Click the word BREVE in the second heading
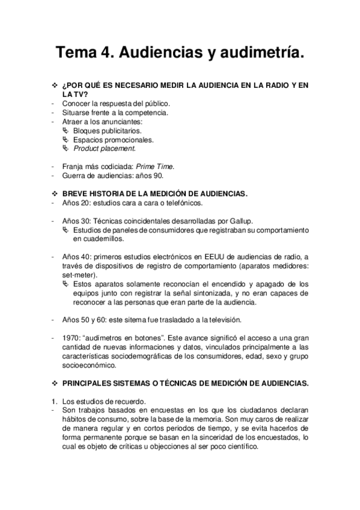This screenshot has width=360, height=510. (x=75, y=194)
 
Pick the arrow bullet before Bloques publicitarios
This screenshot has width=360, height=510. (x=66, y=130)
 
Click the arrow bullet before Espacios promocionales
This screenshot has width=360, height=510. (x=66, y=139)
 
